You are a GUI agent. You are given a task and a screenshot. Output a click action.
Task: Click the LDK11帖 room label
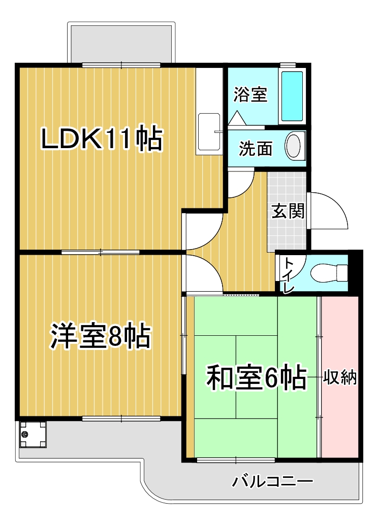[102, 138]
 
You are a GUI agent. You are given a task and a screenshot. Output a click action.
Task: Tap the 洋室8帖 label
[100, 336]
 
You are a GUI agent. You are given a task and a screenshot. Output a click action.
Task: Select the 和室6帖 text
[257, 377]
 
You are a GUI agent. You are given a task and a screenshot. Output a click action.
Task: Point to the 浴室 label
[250, 94]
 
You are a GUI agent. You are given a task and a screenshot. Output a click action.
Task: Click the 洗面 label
[256, 148]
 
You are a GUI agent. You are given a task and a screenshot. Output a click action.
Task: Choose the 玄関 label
[288, 211]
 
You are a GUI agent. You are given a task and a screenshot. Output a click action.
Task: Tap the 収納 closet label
[339, 378]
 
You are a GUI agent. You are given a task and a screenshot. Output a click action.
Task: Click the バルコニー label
[272, 482]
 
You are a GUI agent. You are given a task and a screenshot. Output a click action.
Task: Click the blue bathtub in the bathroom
[292, 96]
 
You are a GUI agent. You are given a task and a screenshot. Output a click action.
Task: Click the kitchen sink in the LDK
[209, 132]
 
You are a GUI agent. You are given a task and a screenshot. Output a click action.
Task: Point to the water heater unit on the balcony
[33, 434]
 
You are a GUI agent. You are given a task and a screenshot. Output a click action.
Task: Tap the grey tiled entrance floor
[287, 211]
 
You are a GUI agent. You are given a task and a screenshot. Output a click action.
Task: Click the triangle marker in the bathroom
[237, 118]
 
